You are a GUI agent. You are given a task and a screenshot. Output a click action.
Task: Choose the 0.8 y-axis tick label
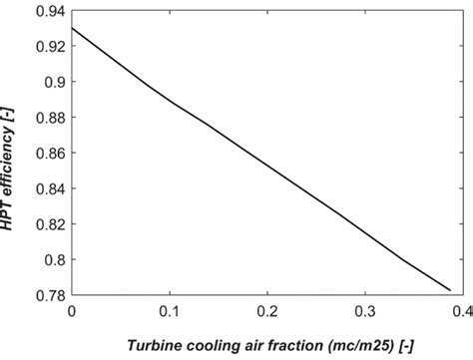[x=54, y=260]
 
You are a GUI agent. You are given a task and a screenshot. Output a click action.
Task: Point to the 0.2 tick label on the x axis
[x=267, y=312]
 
